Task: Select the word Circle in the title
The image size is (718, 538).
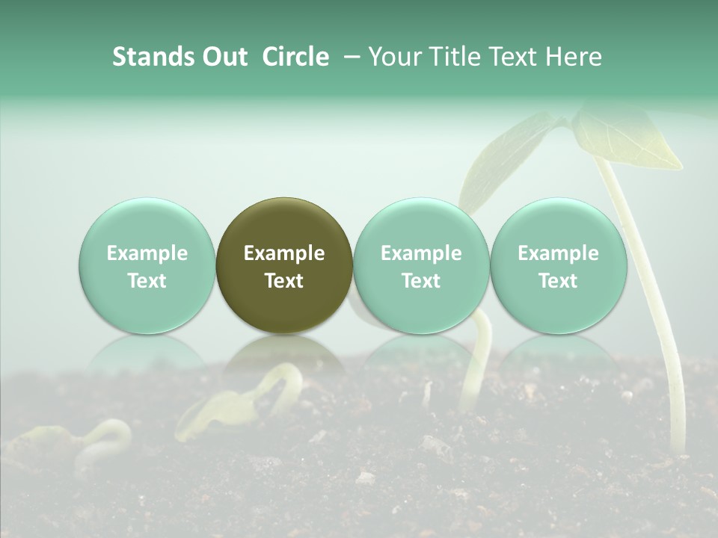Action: (x=295, y=57)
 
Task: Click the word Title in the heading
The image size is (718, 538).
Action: (x=454, y=57)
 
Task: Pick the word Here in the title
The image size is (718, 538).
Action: (x=574, y=57)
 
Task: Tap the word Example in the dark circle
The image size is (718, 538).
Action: (x=284, y=253)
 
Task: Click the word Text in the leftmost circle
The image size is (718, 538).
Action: (x=147, y=281)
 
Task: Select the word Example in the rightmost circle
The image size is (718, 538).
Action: (x=558, y=253)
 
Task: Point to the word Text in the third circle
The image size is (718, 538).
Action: (x=421, y=281)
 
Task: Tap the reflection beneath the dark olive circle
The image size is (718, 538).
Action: (x=284, y=354)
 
